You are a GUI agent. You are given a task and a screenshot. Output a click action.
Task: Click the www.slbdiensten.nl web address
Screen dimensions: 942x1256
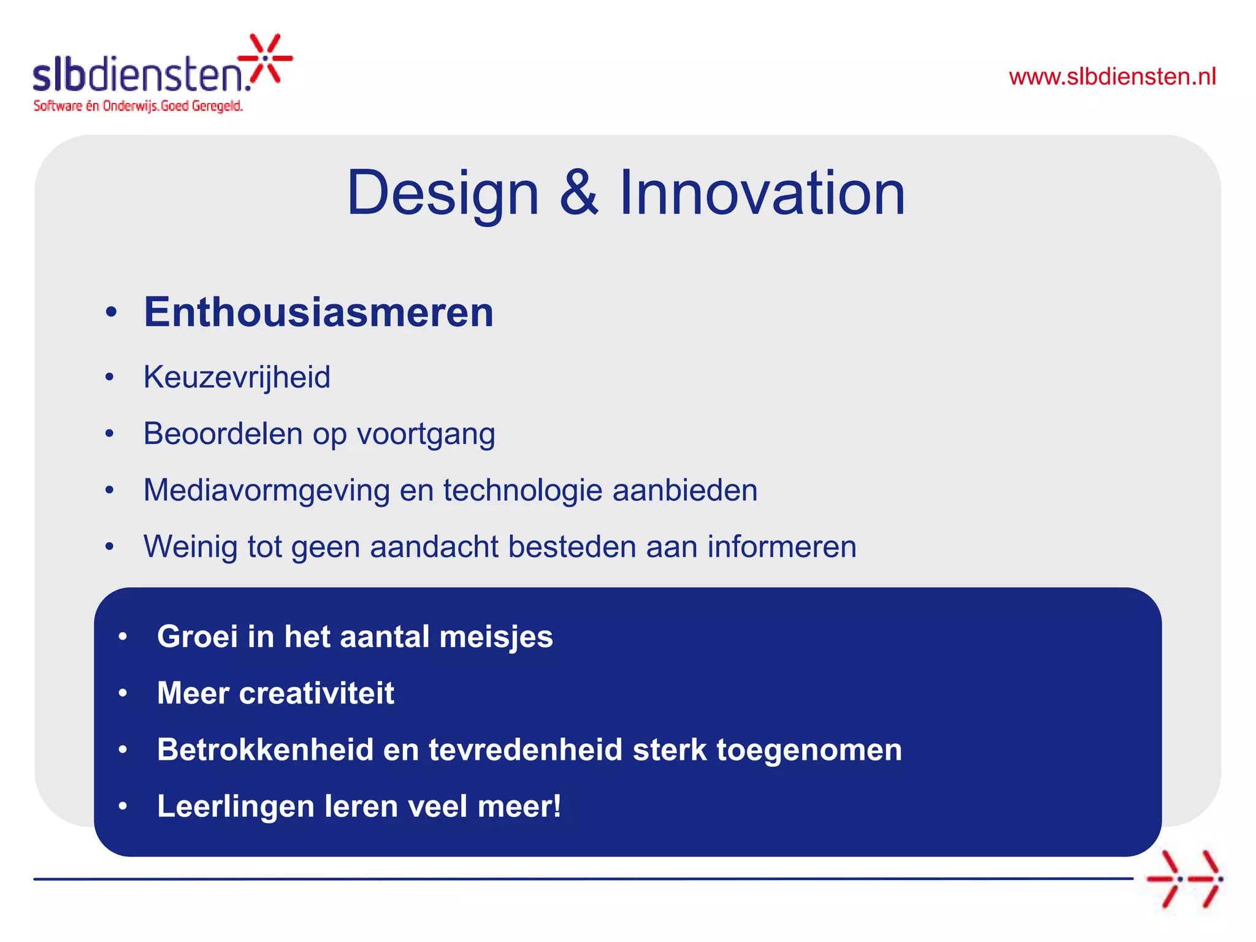point(1112,77)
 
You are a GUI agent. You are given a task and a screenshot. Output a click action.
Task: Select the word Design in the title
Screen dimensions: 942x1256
point(442,193)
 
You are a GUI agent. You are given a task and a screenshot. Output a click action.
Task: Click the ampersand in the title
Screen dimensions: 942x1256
point(578,193)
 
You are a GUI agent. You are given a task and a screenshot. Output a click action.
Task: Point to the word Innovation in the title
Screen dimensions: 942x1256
point(762,193)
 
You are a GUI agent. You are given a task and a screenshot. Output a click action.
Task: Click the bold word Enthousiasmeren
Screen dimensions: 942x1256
point(318,312)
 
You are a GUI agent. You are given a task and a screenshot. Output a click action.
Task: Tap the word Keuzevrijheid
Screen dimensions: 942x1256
point(237,377)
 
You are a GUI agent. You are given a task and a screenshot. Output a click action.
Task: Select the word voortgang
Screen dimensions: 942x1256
point(426,434)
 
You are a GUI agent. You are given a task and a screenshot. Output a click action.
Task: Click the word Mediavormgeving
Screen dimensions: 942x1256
point(266,491)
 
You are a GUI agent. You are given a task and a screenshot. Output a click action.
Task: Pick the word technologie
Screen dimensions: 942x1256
point(523,490)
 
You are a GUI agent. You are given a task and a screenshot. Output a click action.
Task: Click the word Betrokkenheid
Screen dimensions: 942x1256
point(265,749)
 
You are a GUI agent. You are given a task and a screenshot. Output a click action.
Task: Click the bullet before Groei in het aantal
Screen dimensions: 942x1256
point(123,637)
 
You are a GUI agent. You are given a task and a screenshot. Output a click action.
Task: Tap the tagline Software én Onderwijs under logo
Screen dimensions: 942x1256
point(138,106)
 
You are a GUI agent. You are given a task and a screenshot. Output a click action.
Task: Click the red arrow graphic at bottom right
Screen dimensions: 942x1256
point(1184,878)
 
